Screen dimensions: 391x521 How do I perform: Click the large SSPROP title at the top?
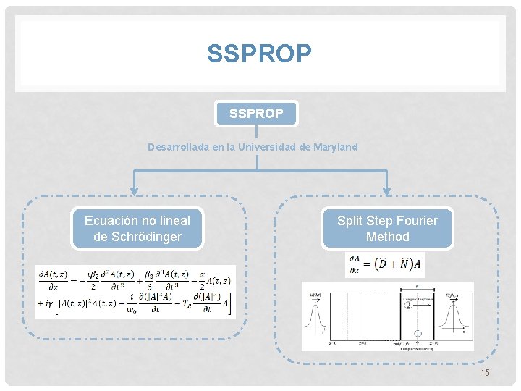pyautogui.click(x=259, y=53)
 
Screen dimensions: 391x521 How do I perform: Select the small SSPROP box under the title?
pyautogui.click(x=256, y=114)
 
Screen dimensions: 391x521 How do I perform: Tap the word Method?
pyautogui.click(x=387, y=237)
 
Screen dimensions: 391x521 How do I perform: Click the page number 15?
pyautogui.click(x=485, y=372)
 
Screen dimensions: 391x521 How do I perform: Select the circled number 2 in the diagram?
pyautogui.click(x=407, y=306)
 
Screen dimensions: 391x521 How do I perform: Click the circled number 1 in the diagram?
pyautogui.click(x=416, y=334)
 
